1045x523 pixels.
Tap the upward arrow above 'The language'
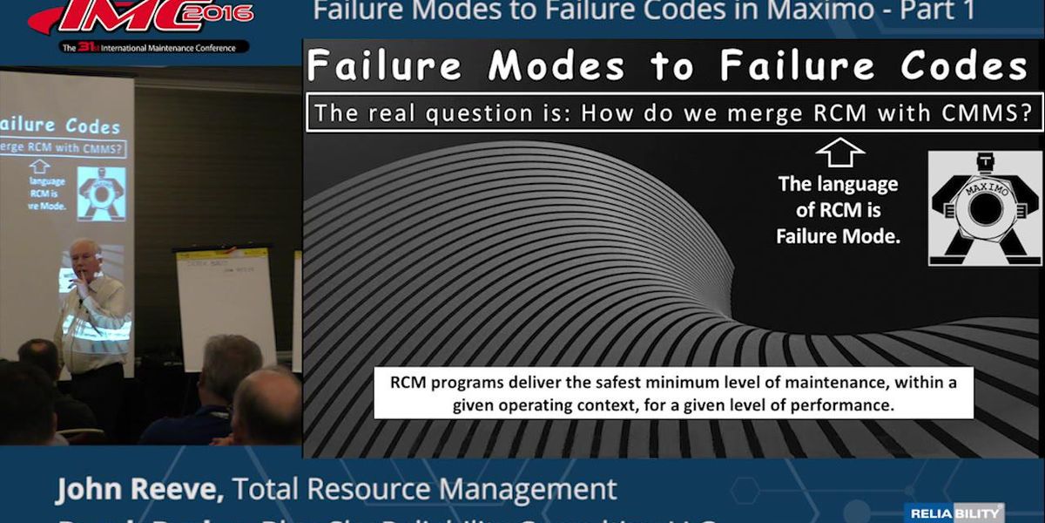(x=839, y=153)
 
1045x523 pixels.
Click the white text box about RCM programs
(x=673, y=393)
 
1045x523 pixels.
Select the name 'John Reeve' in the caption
(x=139, y=490)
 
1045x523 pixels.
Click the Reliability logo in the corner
(x=954, y=513)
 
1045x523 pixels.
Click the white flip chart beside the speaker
(x=226, y=305)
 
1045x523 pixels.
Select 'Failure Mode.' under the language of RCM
(x=838, y=235)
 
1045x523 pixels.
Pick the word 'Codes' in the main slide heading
(x=964, y=66)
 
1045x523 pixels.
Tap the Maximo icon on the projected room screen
(x=101, y=193)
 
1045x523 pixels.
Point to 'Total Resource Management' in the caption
(x=427, y=490)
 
